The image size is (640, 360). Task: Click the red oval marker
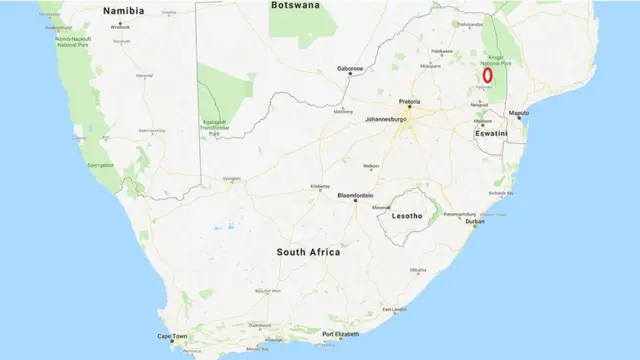[487, 75]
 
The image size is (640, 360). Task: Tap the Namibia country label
[123, 10]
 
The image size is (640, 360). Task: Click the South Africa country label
[308, 252]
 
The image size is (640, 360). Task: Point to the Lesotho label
[405, 215]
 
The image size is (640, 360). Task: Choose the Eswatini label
[492, 132]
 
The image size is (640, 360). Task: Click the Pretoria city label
[409, 102]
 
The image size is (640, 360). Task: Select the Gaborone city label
[350, 69]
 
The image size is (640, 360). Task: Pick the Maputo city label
[519, 114]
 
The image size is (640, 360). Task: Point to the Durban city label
[475, 221]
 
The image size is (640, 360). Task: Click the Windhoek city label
[121, 26]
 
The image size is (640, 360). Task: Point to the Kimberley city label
[320, 185]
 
